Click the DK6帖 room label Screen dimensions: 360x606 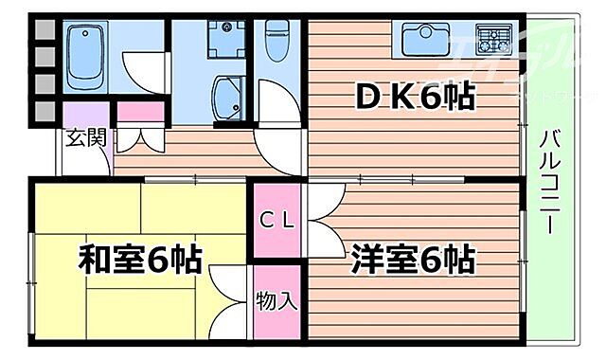click(415, 96)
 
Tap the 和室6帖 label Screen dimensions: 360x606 click(139, 258)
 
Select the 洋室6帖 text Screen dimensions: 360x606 click(413, 258)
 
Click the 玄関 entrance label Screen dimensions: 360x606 click(83, 137)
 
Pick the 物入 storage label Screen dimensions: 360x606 click(278, 302)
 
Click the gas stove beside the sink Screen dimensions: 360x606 click(494, 41)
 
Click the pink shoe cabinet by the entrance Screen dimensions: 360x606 click(140, 111)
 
